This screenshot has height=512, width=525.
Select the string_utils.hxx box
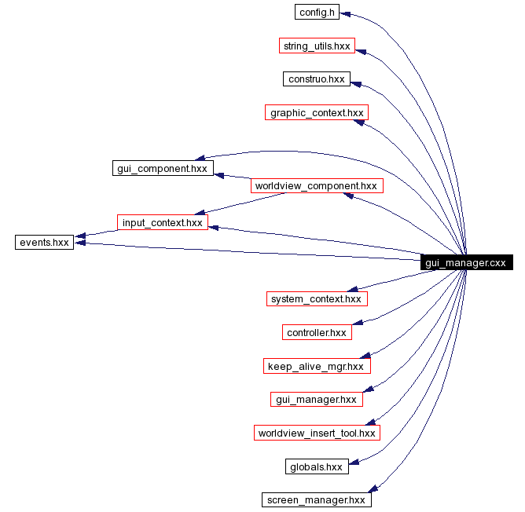coord(317,46)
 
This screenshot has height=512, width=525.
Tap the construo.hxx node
coord(317,79)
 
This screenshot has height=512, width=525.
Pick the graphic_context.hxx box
coord(317,113)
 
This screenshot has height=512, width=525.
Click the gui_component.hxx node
coord(162,168)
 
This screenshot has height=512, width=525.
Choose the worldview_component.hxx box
coord(317,186)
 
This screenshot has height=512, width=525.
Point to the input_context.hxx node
coord(162,222)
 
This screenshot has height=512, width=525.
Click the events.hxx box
coord(44,242)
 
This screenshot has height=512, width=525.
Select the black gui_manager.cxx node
coord(467,263)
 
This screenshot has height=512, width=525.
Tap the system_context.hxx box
coord(317,299)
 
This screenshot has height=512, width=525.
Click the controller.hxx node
coord(317,333)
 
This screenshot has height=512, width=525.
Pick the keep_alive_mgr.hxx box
coord(317,366)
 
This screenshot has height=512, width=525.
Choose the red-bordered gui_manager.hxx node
coord(317,400)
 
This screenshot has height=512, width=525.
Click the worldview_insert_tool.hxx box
coord(317,433)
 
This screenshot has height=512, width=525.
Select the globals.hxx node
coord(317,467)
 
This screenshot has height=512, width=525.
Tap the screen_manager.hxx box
coord(317,500)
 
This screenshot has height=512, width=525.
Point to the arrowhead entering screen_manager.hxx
coord(376,490)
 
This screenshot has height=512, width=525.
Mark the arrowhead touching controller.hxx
coord(357,323)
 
